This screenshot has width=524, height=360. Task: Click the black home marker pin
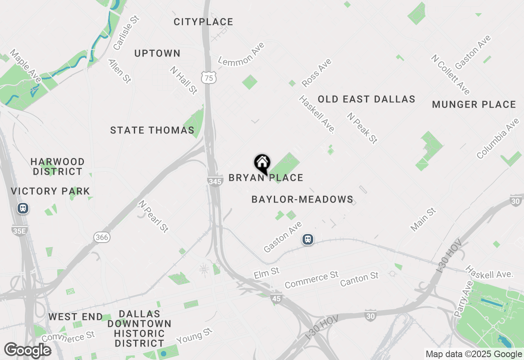point(262,164)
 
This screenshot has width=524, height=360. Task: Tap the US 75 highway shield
point(209,78)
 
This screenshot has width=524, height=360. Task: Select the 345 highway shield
point(215,181)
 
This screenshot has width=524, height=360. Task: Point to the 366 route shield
point(102,237)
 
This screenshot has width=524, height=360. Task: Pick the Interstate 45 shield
point(276,299)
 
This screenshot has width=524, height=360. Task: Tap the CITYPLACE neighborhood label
point(203,22)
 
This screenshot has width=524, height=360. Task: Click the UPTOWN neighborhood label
point(158,54)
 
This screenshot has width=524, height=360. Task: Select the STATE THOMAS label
point(152,130)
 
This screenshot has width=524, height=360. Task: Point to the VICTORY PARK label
point(50,191)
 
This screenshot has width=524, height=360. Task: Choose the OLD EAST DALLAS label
point(366,99)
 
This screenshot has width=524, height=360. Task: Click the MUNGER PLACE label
point(474,105)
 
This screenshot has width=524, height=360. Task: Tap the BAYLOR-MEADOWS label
point(303,200)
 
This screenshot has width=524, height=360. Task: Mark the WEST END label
point(75,317)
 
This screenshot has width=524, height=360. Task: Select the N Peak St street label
point(362,128)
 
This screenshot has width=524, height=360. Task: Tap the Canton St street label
point(359,280)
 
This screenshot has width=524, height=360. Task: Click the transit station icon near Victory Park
point(23,208)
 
